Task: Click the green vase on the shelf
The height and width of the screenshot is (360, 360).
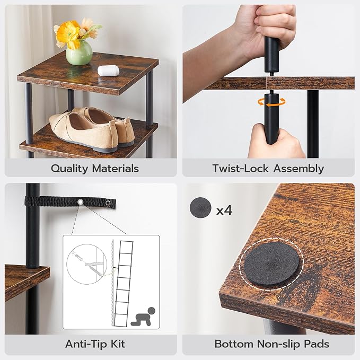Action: coord(79,52)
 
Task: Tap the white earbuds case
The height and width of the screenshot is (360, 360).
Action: coord(108,71)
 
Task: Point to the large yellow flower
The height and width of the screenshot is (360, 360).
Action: coord(67,34)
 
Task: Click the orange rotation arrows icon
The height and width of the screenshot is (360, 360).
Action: coord(271,102)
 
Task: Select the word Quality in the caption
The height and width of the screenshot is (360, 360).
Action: coord(69,169)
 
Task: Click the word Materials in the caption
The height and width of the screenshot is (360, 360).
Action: coord(116,168)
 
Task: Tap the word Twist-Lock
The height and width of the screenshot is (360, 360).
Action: coord(240,168)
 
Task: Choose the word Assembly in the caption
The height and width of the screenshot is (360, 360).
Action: coord(298,169)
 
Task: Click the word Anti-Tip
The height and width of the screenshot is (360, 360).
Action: coord(86,344)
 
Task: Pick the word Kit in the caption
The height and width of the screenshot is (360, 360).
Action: coord(118,344)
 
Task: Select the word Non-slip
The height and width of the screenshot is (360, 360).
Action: coord(278,344)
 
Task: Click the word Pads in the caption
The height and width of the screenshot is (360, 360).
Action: coord(317,344)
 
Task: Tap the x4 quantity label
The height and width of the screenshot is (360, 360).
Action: coord(224,210)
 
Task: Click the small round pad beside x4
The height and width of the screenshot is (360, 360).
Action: coord(200,208)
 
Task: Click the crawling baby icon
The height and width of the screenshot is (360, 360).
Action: coord(143,317)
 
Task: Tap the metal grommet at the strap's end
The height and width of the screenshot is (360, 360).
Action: coord(108,203)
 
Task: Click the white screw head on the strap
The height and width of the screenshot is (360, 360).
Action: coord(81,202)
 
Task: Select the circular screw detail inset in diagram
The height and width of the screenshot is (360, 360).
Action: coord(87,264)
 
